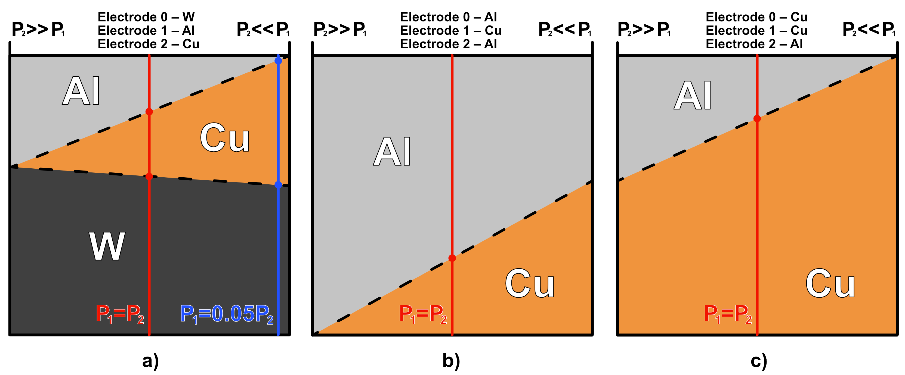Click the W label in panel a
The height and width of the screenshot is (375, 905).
[x=107, y=246]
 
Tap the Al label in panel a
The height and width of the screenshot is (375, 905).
[x=81, y=91]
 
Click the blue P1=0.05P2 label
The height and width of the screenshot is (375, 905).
[x=227, y=314]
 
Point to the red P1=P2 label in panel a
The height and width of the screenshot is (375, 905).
[x=120, y=314]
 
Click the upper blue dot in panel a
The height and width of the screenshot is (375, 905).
[x=278, y=61]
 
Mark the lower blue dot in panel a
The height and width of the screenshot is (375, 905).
[x=278, y=185]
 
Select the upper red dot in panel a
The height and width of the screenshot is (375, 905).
[x=149, y=112]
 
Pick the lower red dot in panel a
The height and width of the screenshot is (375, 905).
[x=149, y=176]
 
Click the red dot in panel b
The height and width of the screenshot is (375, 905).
[x=452, y=258]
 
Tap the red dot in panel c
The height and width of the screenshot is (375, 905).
[x=757, y=119]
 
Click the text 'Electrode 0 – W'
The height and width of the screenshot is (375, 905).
[x=146, y=17]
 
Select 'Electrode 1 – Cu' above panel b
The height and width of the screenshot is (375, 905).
[x=450, y=30]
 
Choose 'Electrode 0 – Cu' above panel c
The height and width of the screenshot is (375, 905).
[x=756, y=17]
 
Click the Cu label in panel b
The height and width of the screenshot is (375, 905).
[x=530, y=283]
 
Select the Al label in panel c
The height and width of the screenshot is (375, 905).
[x=693, y=95]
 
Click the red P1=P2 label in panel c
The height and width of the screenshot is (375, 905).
[x=728, y=314]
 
